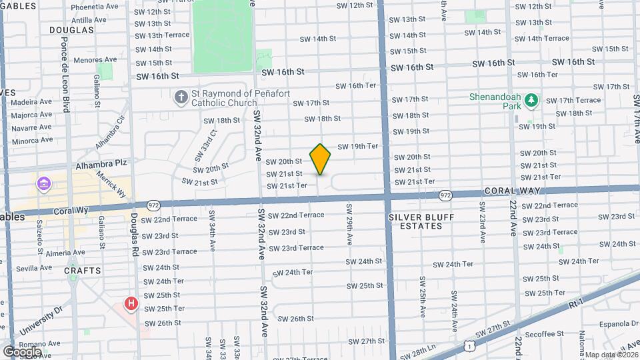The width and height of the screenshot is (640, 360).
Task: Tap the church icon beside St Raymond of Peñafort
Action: pos(181,98)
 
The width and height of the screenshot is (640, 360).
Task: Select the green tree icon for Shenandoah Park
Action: pos(531,101)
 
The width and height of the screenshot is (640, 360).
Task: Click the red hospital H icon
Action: pos(131,304)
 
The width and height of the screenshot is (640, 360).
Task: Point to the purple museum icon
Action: pos(44,183)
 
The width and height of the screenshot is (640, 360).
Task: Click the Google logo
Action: pos(22,351)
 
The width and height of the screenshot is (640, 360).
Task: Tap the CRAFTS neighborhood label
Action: pos(83,271)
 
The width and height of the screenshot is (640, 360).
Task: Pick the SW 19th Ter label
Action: pos(357,146)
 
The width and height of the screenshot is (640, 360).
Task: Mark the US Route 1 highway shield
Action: pos(471,345)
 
